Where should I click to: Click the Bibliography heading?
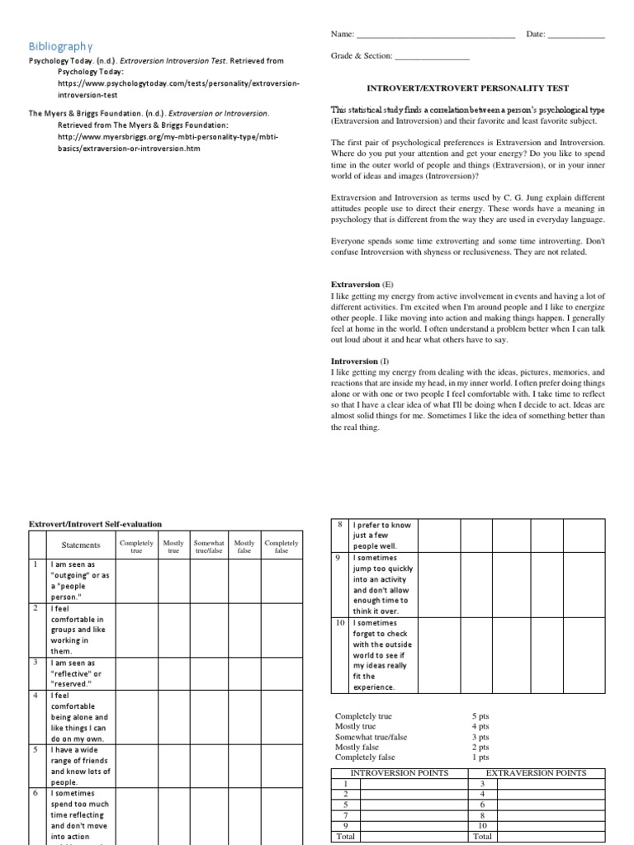[61, 45]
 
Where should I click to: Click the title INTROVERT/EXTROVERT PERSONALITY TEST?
[467, 87]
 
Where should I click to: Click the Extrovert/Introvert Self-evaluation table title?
[96, 523]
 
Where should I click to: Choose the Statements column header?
[81, 545]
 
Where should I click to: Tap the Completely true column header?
[136, 545]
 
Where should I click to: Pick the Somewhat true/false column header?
[209, 545]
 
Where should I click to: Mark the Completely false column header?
[282, 545]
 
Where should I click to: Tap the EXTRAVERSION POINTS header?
[537, 773]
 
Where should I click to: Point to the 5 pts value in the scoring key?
[480, 717]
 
